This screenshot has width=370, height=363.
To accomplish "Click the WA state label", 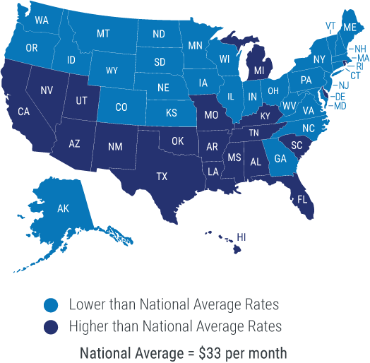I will pyautogui.click(x=41, y=20).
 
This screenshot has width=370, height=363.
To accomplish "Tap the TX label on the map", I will pyautogui.click(x=162, y=176).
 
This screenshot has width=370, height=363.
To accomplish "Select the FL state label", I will pyautogui.click(x=302, y=199).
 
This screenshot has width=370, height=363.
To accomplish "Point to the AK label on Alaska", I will pyautogui.click(x=63, y=208).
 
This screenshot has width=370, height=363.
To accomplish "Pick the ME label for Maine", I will pyautogui.click(x=350, y=28).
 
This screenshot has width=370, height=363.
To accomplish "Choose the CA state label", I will pyautogui.click(x=23, y=112).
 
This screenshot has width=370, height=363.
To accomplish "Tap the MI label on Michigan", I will pyautogui.click(x=259, y=71).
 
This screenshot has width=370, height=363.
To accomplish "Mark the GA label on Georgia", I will pyautogui.click(x=280, y=159).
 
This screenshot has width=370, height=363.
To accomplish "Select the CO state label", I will pyautogui.click(x=121, y=107).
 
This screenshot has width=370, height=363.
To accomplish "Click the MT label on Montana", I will pyautogui.click(x=103, y=33).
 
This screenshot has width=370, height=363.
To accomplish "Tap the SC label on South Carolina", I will pyautogui.click(x=297, y=145).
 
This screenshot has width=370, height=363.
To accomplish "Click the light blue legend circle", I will pyautogui.click(x=50, y=305).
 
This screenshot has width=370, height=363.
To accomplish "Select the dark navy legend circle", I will pyautogui.click(x=50, y=327).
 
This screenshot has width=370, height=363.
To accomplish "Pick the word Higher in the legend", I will pyautogui.click(x=85, y=327).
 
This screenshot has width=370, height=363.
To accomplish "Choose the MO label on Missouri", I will pyautogui.click(x=210, y=114).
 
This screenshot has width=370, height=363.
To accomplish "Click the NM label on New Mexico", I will pyautogui.click(x=115, y=146).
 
